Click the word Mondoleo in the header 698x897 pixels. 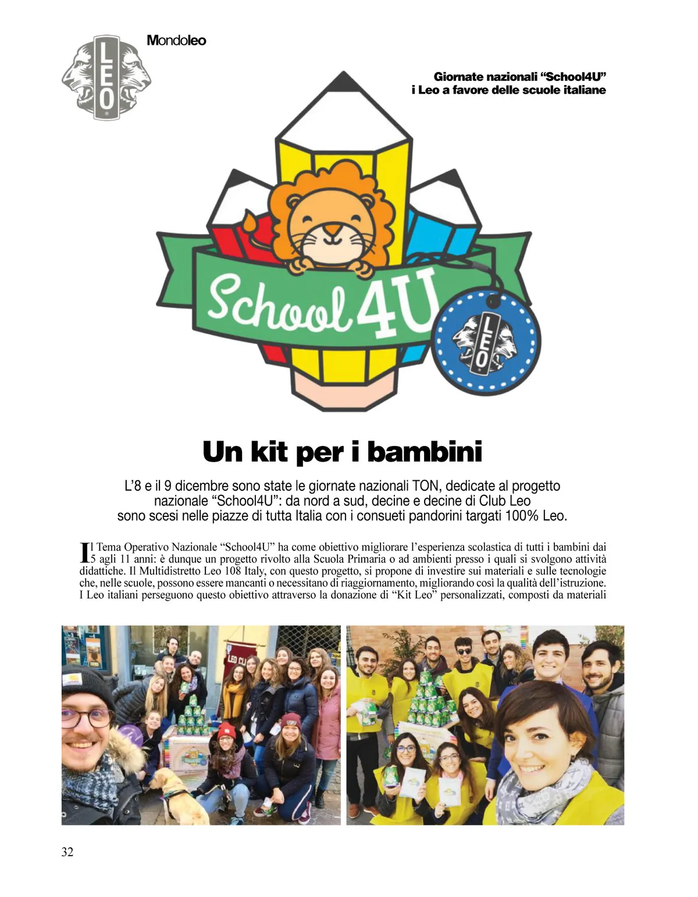[x=176, y=40]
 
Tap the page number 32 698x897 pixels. [x=67, y=852]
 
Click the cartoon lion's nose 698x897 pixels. [x=332, y=229]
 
